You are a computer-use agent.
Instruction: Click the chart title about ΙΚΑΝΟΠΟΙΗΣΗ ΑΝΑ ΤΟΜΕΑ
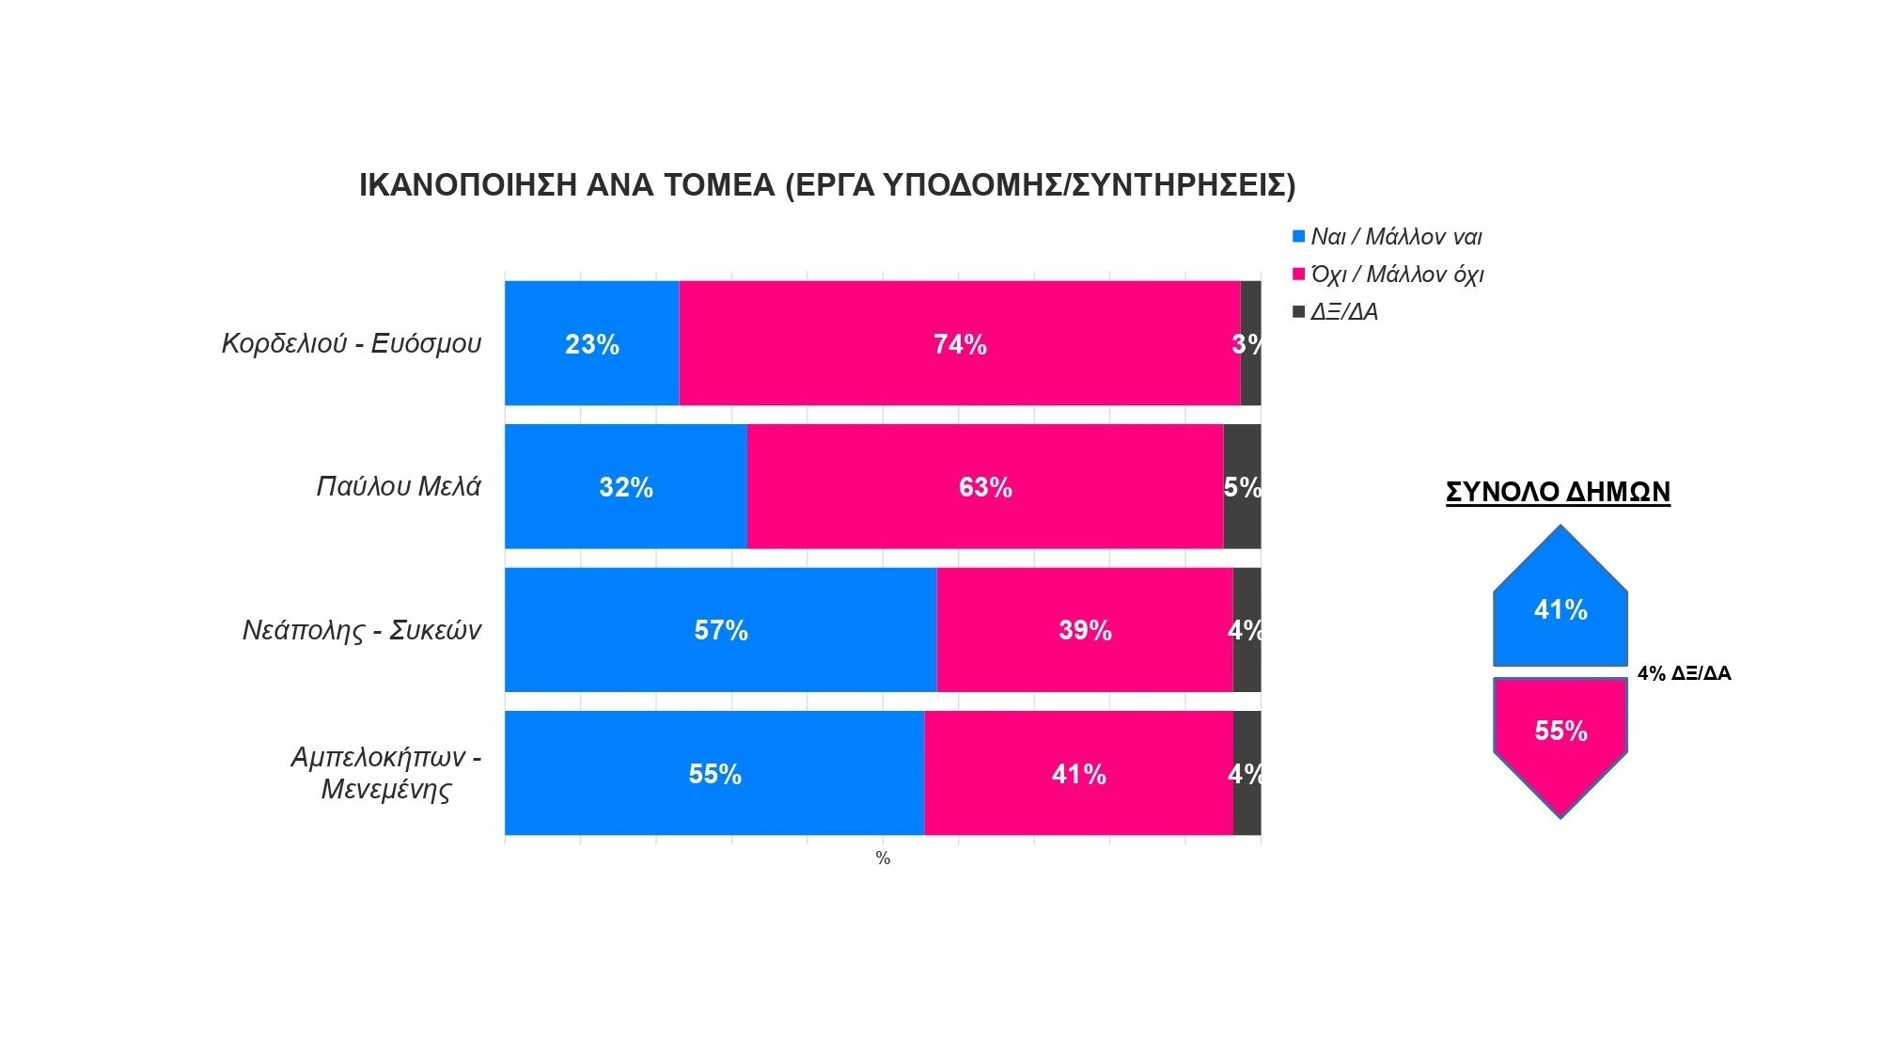pyautogui.click(x=827, y=185)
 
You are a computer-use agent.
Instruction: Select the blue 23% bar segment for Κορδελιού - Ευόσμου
pyautogui.click(x=591, y=343)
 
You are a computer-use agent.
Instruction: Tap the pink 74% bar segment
pyautogui.click(x=959, y=343)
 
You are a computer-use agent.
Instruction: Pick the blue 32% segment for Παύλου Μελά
pyautogui.click(x=625, y=486)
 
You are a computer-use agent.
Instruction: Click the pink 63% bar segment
pyautogui.click(x=984, y=486)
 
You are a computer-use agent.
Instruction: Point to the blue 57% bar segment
pyautogui.click(x=720, y=629)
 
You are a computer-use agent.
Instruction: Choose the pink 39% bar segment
pyautogui.click(x=1084, y=629)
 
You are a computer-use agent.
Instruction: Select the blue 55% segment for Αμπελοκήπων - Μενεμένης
pyautogui.click(x=714, y=773)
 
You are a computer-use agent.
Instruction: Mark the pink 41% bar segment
pyautogui.click(x=1078, y=773)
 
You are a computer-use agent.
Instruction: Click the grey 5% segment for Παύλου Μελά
pyautogui.click(x=1242, y=486)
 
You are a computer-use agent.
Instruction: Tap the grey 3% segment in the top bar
pyautogui.click(x=1250, y=343)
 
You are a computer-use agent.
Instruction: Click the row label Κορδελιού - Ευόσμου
pyautogui.click(x=351, y=343)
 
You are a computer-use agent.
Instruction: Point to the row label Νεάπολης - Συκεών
pyautogui.click(x=361, y=629)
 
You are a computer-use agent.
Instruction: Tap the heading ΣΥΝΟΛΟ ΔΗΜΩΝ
pyautogui.click(x=1558, y=492)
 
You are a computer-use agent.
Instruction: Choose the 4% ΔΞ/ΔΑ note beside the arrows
pyautogui.click(x=1684, y=673)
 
